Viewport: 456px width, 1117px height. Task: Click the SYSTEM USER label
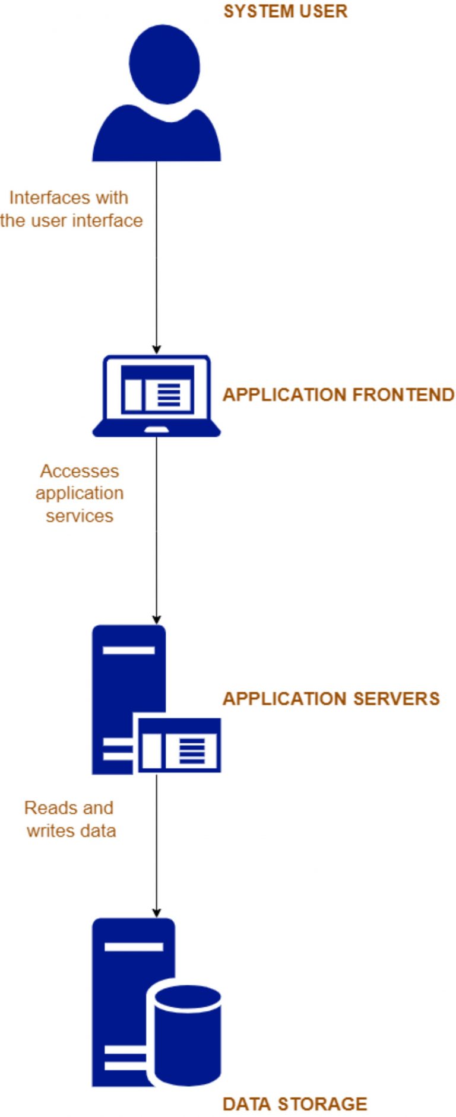[285, 11]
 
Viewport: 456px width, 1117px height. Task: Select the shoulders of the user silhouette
[156, 139]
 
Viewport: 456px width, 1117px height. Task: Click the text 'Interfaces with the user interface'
[71, 209]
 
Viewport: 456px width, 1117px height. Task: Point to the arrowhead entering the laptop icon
[157, 349]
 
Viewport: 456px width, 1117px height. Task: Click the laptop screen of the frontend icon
[157, 389]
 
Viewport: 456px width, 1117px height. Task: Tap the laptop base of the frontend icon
[157, 429]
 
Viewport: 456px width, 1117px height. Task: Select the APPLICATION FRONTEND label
[338, 395]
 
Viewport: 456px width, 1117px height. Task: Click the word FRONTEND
[403, 395]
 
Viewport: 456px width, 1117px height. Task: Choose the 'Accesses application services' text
[79, 494]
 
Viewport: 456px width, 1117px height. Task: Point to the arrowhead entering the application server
[157, 619]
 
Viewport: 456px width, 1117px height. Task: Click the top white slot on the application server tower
[128, 650]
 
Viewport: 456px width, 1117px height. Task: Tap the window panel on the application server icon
[179, 746]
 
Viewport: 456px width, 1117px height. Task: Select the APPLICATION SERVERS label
[331, 699]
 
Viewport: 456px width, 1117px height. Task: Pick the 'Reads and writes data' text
[70, 819]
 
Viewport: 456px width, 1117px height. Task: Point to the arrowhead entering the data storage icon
[157, 913]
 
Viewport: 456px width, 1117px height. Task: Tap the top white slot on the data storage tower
[134, 946]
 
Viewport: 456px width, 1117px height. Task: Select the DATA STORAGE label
[294, 1104]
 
